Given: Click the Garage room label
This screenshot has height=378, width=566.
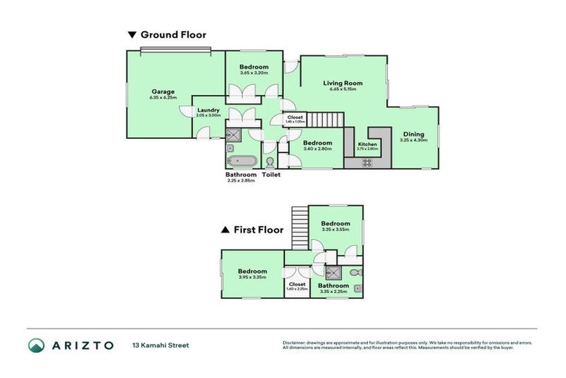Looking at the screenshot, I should pos(163,92).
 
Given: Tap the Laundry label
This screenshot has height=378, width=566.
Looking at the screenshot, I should pos(209,110).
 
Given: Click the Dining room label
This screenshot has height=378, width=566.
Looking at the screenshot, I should pos(413,134).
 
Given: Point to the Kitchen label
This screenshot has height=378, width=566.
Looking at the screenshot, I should pos(367,144).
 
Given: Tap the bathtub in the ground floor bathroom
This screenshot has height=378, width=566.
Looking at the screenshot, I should pos(242,161).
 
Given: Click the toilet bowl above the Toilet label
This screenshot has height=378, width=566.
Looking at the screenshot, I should pos(270,162).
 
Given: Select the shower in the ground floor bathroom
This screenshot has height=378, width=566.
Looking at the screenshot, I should pos(234,134).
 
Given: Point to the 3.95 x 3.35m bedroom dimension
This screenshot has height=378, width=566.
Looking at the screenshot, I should pos(252,278).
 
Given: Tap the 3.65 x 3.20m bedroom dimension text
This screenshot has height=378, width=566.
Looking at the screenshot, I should pos(254,72).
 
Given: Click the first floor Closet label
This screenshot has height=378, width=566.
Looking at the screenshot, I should pos(297,283).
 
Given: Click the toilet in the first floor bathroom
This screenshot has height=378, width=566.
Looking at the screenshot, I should pos(355,272).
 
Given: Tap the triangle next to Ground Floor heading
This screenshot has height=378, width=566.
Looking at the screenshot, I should pos(132,35).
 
